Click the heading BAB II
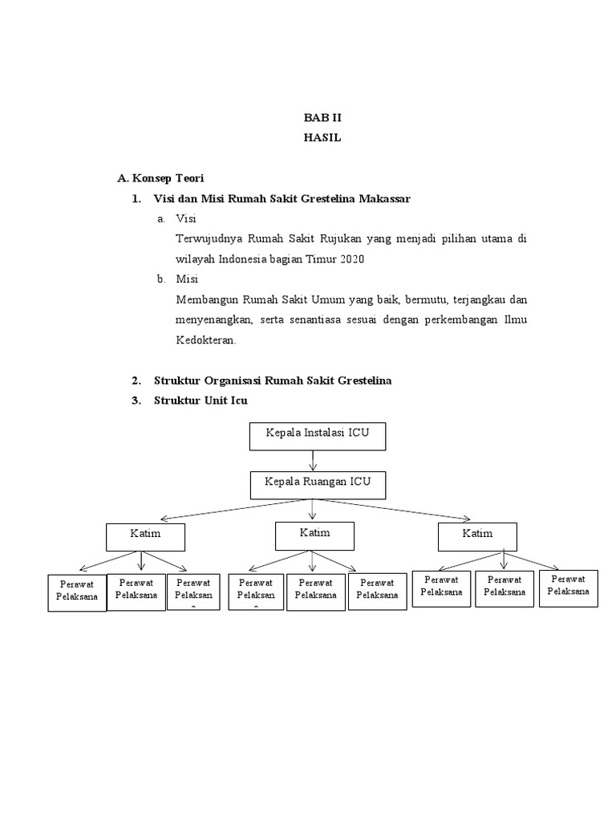(x=322, y=117)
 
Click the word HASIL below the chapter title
(x=322, y=137)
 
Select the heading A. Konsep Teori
(x=160, y=178)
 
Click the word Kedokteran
(x=205, y=340)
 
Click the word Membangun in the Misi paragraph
(x=206, y=299)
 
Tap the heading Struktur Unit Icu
(x=201, y=401)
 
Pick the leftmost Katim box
(x=145, y=537)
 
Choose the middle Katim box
(x=314, y=535)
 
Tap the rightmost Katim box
(x=477, y=536)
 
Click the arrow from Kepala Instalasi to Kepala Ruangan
(x=312, y=460)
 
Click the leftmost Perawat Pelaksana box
(x=77, y=592)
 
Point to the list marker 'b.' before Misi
(x=160, y=279)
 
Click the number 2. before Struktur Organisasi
(x=136, y=380)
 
